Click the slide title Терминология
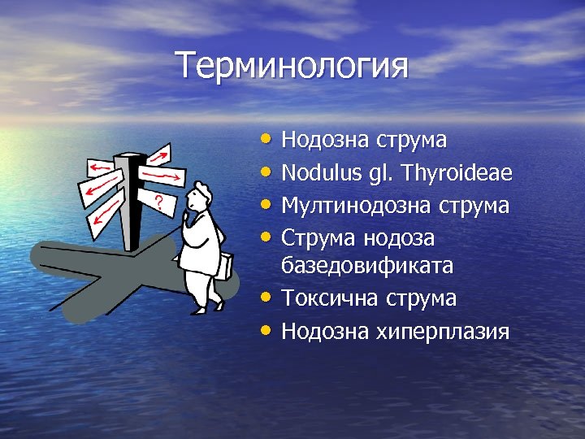coord(292,65)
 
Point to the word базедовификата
coord(367,265)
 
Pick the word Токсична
coord(323,298)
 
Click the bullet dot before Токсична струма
coord(268,296)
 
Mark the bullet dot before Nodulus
coord(268,170)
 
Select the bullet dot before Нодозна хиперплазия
coord(268,329)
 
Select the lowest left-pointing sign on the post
coord(103,215)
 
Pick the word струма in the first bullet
coord(412,140)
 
